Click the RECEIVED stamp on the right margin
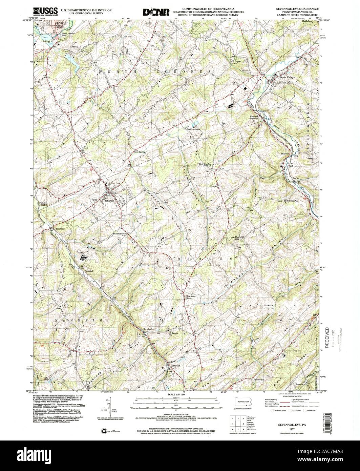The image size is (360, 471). (327, 337)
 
